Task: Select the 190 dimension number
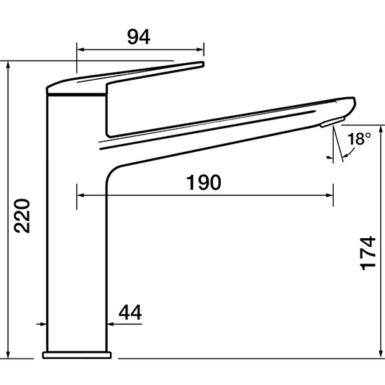point(204,183)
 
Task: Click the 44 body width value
point(130,312)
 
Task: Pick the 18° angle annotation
point(358,140)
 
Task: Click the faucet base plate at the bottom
point(77,354)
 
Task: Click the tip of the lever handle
point(202,65)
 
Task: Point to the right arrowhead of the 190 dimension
point(329,194)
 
